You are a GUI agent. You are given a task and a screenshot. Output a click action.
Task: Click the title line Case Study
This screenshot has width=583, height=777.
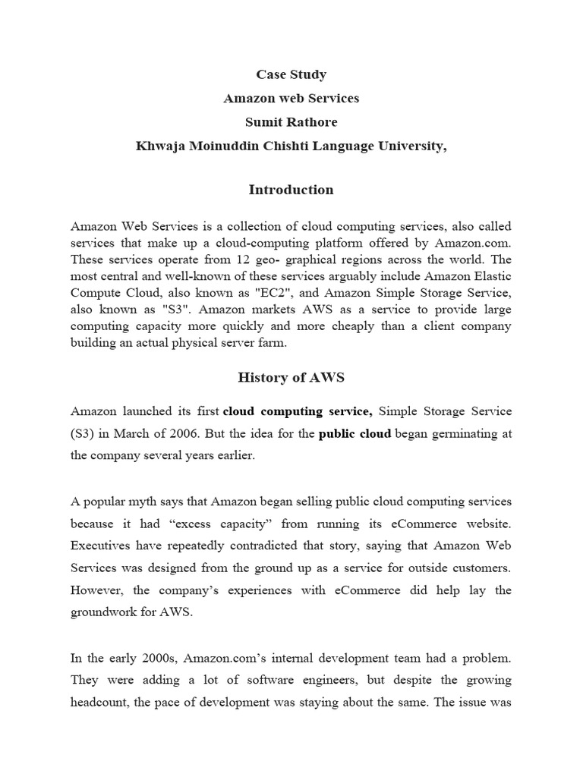[x=291, y=74]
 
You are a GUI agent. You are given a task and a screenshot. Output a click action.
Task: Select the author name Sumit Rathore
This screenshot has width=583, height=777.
[x=291, y=122]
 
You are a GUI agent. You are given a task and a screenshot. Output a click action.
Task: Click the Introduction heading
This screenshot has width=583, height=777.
[x=291, y=190]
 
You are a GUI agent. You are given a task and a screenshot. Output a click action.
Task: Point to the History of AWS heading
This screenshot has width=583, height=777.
[x=291, y=377]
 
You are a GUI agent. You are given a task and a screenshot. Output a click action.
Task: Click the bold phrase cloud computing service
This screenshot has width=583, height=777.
[x=297, y=411]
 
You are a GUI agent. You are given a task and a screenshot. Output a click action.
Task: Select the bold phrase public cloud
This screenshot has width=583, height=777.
[x=355, y=434]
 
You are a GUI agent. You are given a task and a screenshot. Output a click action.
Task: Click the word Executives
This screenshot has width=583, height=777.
[x=104, y=546]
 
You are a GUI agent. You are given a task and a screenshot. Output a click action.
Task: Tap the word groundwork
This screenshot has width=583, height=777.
[x=109, y=613]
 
